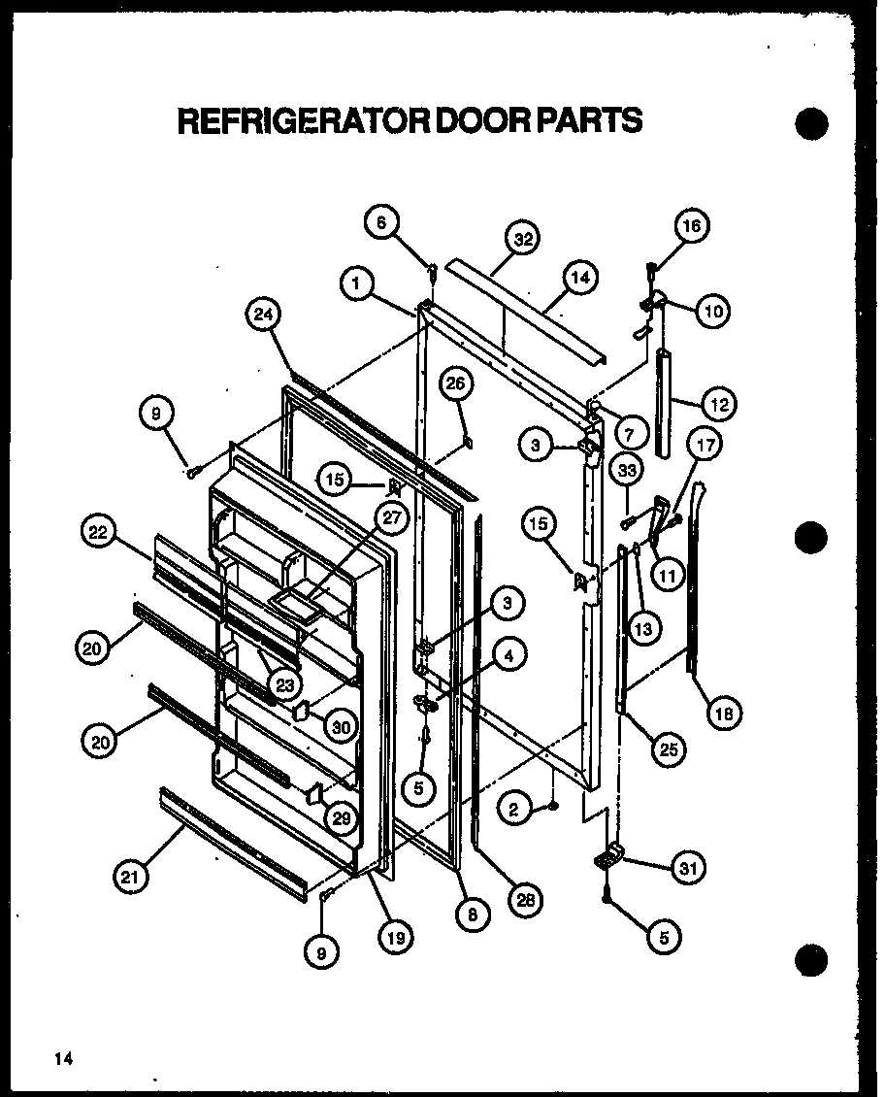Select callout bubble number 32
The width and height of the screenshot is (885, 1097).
[524, 239]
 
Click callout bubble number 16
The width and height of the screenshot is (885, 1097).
[692, 226]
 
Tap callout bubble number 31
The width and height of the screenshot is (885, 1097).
[688, 868]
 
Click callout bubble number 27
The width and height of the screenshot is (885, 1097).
[389, 518]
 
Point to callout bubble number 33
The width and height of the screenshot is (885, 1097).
[628, 471]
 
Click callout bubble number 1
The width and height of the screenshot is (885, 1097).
[357, 284]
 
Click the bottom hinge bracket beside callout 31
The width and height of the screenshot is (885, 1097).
[608, 855]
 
